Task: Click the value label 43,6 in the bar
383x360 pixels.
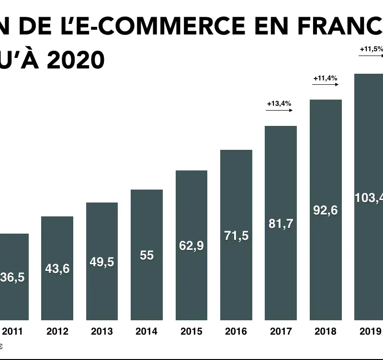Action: [57, 269]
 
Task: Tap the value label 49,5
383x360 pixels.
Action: [102, 262]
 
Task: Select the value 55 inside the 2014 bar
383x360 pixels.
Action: [146, 255]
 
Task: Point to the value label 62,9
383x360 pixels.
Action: [191, 246]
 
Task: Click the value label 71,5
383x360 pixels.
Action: [237, 236]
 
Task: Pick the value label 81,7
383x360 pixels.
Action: [281, 223]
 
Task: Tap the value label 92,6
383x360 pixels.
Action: [326, 210]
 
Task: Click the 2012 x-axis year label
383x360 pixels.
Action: [57, 331]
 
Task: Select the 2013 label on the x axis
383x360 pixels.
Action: [102, 331]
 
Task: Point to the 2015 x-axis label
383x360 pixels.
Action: [191, 331]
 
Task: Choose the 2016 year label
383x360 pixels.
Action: [236, 331]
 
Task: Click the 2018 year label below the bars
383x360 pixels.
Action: [326, 331]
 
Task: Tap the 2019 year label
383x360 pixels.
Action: [370, 331]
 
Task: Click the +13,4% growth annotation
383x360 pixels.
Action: [279, 103]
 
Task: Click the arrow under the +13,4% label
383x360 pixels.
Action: [279, 110]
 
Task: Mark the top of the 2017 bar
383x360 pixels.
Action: [281, 127]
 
